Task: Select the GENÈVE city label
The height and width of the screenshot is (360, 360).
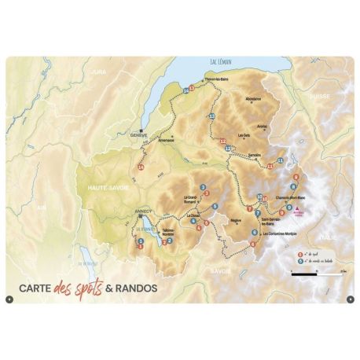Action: pos(138,134)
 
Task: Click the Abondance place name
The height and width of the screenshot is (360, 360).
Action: pos(252,98)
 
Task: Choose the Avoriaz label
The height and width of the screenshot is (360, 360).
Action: pos(262,125)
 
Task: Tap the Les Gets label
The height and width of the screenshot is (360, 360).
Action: pos(243,134)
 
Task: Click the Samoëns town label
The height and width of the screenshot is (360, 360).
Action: pos(253,156)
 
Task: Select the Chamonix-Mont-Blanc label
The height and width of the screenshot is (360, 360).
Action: pos(291,197)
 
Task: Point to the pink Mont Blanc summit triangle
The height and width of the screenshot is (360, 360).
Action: pos(299,208)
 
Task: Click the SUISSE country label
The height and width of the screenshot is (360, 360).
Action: pos(321,96)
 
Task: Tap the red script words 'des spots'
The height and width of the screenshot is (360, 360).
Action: pos(83,287)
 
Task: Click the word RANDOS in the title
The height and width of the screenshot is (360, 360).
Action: pos(136,288)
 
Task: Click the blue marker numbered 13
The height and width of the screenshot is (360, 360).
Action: pos(211,116)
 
